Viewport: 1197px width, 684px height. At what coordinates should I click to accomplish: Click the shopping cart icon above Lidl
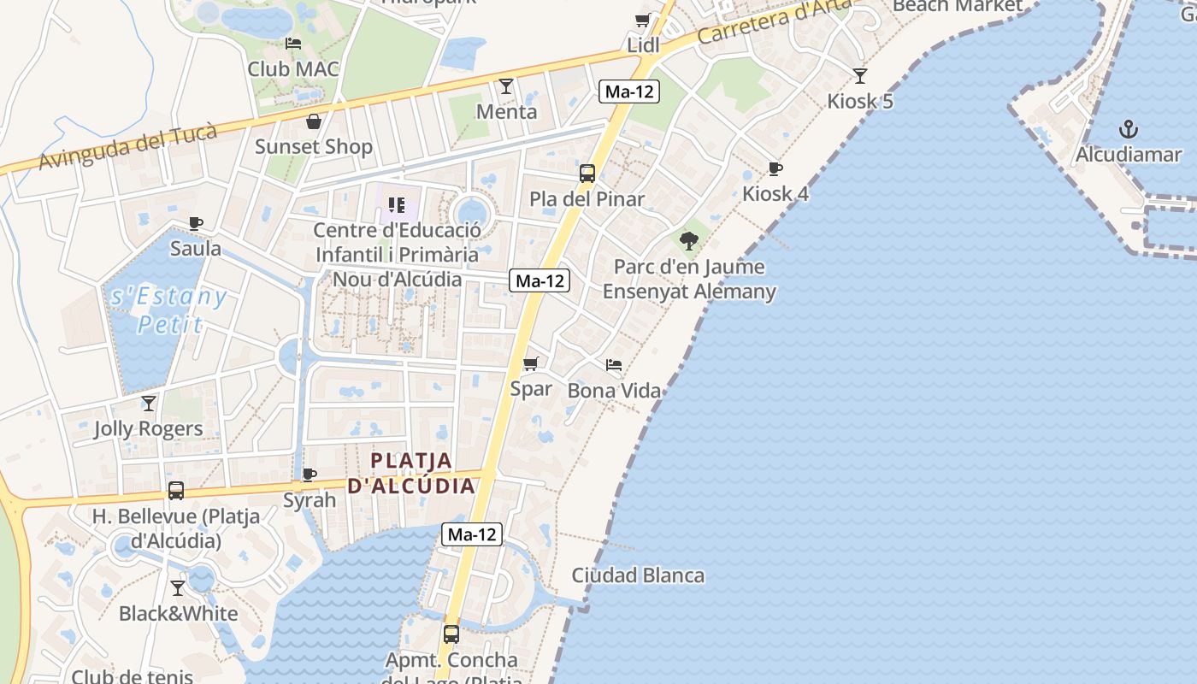click(643, 20)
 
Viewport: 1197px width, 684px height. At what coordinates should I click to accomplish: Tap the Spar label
click(531, 389)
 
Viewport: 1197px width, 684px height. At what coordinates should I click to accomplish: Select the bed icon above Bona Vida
click(614, 365)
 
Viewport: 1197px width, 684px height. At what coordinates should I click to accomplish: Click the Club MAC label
click(293, 69)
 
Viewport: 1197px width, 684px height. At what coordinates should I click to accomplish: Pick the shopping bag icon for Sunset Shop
click(314, 121)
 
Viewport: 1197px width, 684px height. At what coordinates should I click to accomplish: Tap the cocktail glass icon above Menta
click(506, 86)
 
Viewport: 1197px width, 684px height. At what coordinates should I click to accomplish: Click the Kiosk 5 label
click(860, 102)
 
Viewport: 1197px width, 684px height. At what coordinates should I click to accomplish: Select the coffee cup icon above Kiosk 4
click(775, 168)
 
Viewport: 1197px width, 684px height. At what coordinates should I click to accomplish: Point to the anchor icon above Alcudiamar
click(1129, 130)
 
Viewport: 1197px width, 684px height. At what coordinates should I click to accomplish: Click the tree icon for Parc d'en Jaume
click(689, 240)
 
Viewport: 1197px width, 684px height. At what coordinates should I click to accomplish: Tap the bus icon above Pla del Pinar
click(587, 174)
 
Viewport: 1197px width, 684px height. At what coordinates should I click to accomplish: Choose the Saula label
click(196, 249)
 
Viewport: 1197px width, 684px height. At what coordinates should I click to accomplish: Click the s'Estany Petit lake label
click(169, 310)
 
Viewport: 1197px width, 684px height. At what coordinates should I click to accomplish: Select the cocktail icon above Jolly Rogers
click(149, 403)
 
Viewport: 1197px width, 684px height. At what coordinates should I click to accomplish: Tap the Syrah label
click(310, 500)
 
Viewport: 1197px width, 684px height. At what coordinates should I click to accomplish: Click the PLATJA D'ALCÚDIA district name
click(410, 473)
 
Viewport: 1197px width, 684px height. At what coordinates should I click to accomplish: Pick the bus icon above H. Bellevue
click(176, 491)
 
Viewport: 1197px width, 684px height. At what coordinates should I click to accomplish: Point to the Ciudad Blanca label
click(638, 575)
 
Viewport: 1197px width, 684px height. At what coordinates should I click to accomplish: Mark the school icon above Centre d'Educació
click(396, 205)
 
